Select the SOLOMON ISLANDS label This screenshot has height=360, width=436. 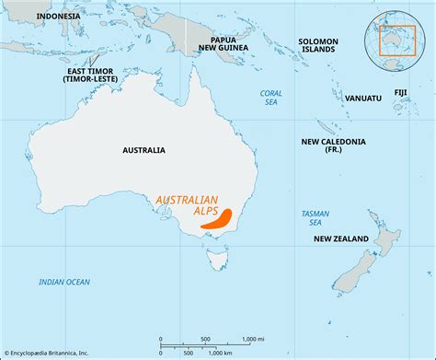point(318,46)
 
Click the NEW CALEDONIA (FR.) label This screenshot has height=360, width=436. point(333,146)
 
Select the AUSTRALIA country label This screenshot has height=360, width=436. point(143,149)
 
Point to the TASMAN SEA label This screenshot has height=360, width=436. point(315,217)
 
